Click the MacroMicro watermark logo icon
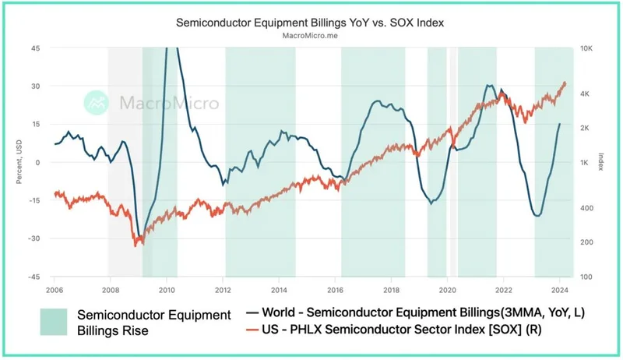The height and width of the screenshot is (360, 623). click(97, 102)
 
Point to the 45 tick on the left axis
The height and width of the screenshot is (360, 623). click(35, 48)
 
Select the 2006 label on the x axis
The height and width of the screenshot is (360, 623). click(54, 289)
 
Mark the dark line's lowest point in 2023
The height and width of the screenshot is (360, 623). click(537, 216)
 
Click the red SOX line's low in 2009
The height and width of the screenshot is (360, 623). click(138, 245)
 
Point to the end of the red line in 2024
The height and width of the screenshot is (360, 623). click(565, 83)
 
